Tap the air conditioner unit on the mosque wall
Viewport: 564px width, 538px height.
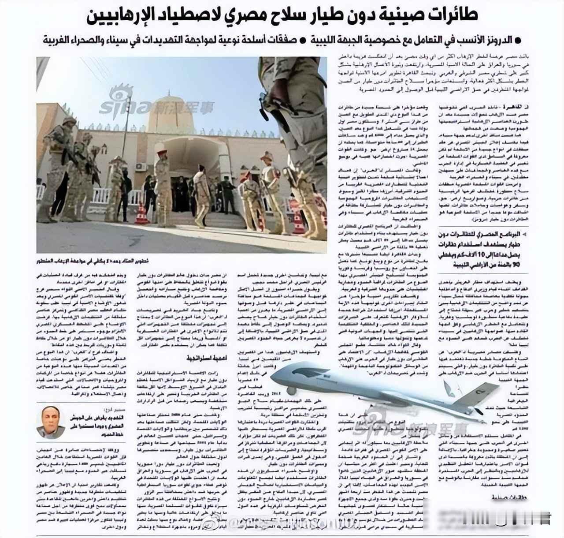(141, 167)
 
